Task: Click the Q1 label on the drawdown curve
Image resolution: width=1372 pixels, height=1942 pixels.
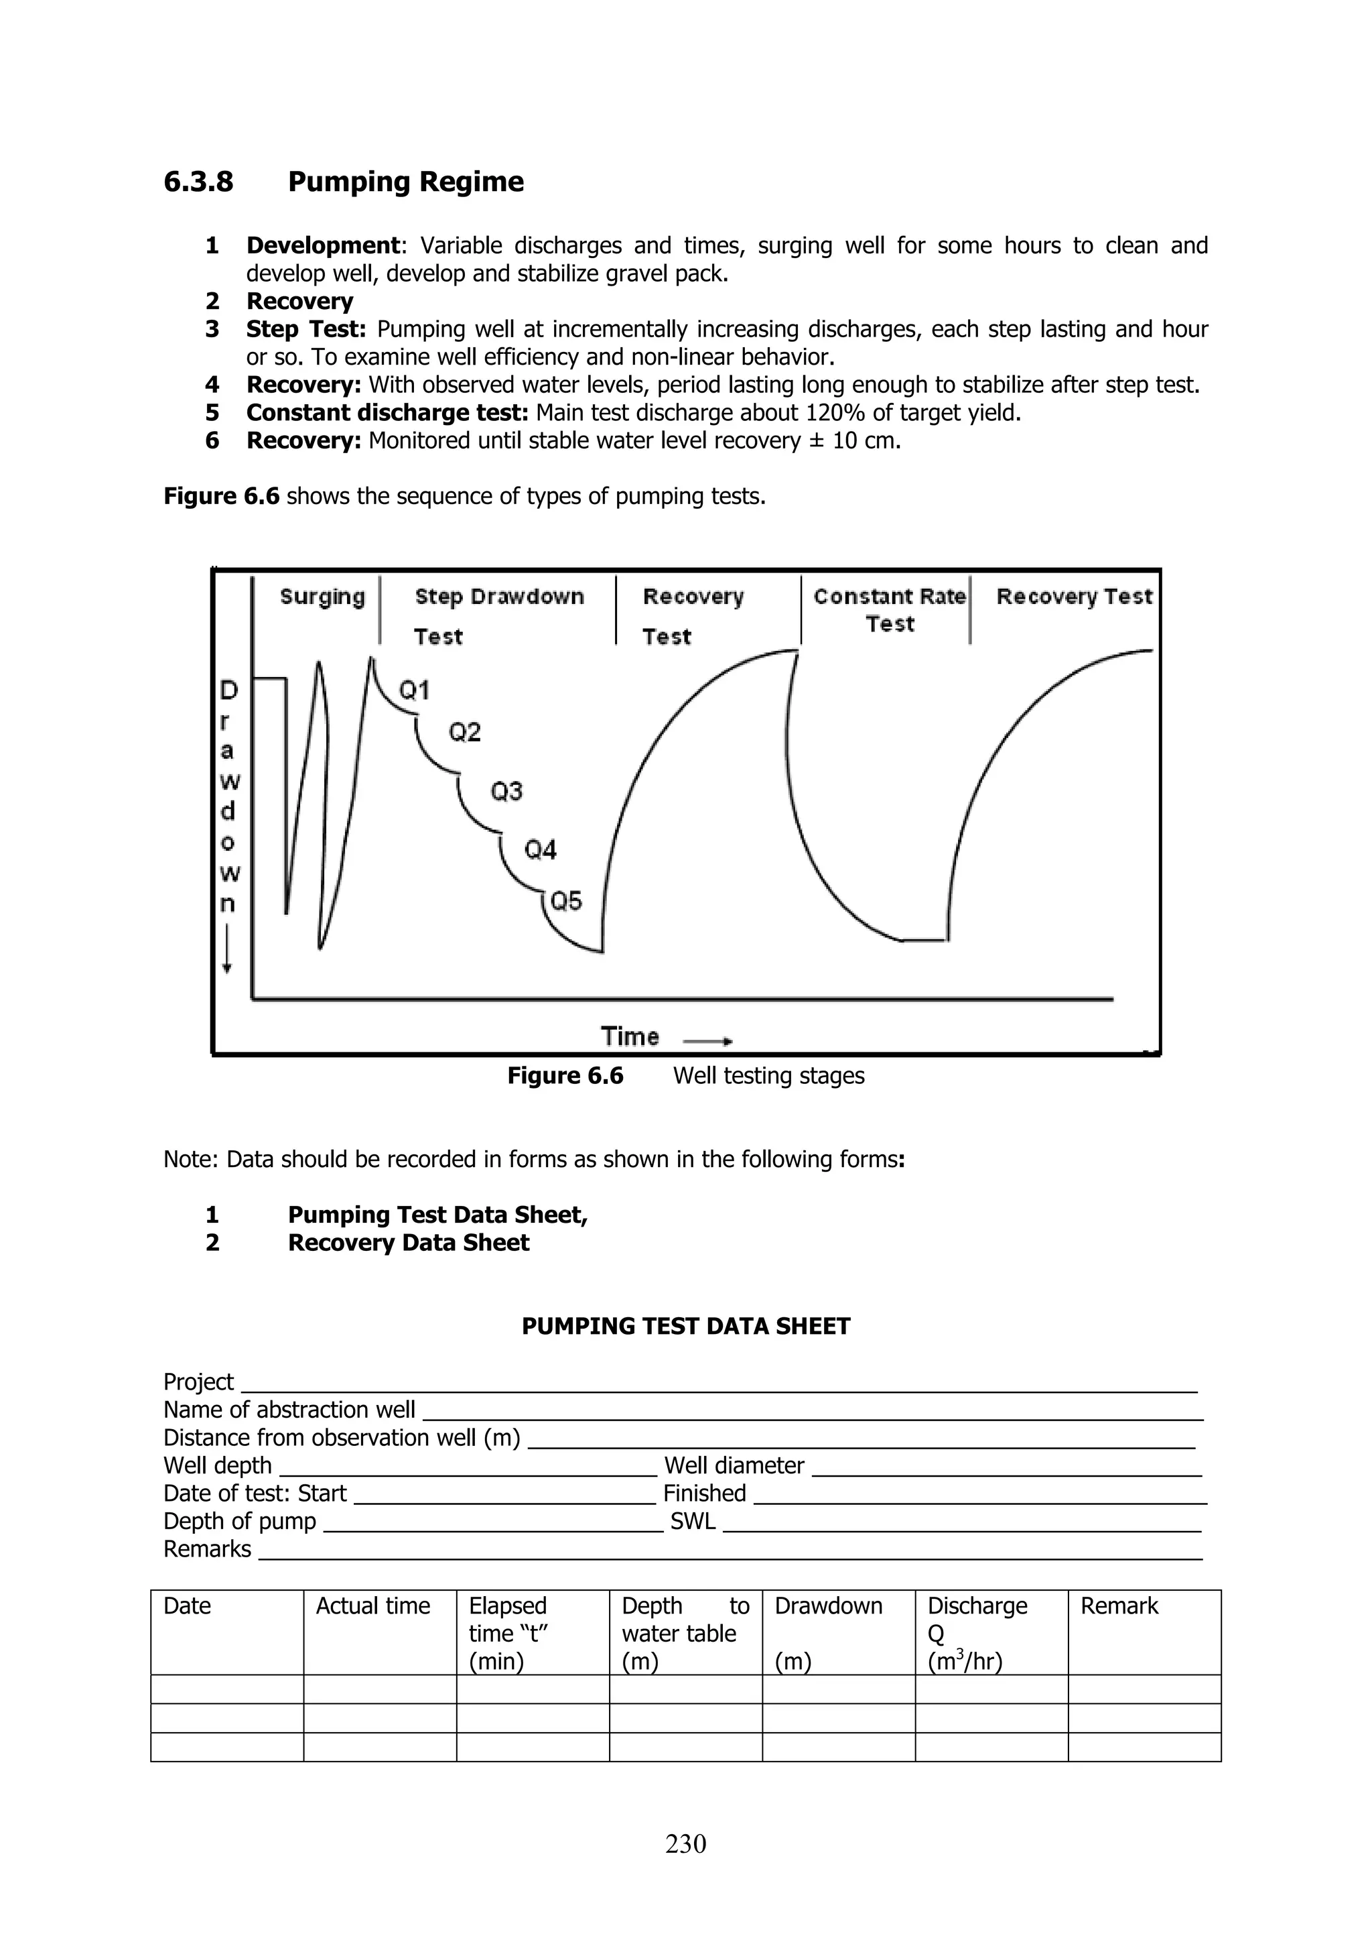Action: (x=414, y=691)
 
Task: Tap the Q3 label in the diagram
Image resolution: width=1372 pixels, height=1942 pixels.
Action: (x=506, y=792)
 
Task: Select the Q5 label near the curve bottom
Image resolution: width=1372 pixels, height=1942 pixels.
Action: (x=565, y=902)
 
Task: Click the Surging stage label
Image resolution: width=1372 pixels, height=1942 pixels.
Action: (x=322, y=597)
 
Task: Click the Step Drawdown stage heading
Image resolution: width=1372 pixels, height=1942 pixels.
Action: (x=498, y=597)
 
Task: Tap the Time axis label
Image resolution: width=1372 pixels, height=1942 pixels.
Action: (x=630, y=1036)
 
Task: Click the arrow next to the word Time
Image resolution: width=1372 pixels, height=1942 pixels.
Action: (x=707, y=1041)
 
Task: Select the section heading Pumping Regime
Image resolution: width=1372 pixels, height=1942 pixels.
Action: (x=406, y=182)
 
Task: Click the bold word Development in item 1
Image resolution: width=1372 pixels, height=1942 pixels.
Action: (x=322, y=245)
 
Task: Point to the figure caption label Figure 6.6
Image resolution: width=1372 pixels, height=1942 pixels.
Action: (x=565, y=1076)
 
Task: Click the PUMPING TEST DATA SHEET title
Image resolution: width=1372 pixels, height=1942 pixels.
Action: (x=685, y=1326)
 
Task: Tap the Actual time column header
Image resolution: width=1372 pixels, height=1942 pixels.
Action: (x=372, y=1606)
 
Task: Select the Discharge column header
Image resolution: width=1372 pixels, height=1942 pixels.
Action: (x=977, y=1606)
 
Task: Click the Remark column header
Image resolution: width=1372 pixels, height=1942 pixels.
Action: (x=1119, y=1606)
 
